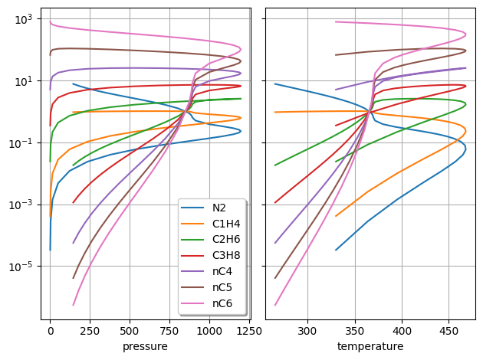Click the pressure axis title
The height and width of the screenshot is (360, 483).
[145, 347]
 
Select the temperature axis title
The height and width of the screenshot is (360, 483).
[370, 347]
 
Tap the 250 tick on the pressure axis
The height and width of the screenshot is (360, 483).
[90, 332]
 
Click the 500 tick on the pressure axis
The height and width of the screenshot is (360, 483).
[130, 332]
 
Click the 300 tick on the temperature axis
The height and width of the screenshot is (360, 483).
[307, 332]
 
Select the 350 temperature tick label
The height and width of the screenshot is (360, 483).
[355, 332]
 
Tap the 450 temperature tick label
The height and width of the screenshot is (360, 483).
[449, 332]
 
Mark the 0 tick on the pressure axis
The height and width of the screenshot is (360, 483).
[50, 332]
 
